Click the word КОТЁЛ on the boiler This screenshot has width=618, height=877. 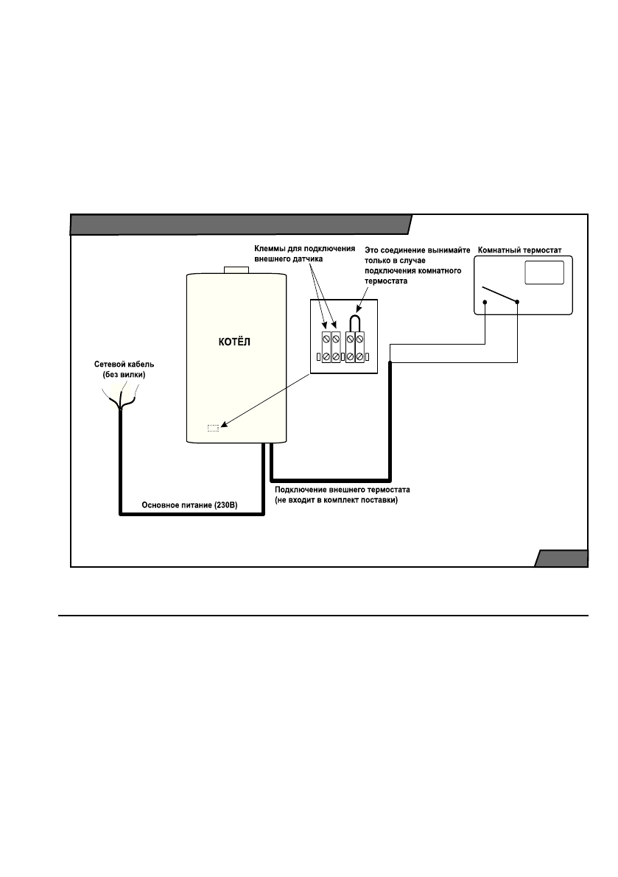coord(235,344)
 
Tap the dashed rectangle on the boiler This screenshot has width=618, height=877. coord(213,426)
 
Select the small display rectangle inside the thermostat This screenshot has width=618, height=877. coord(544,272)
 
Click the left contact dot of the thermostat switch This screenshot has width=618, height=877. coord(485,302)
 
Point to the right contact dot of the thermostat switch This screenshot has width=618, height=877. coord(518,302)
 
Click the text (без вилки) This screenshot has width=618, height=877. coord(124,375)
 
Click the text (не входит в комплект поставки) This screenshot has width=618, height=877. coord(336,500)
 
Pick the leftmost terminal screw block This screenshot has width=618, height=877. coord(326,348)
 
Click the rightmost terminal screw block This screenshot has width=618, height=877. coord(359,348)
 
